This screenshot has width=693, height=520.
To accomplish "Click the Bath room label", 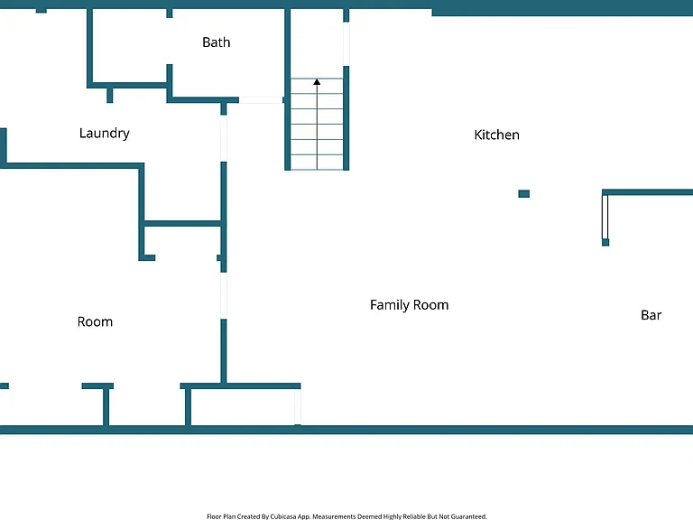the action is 217,42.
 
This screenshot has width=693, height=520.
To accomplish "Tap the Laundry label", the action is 105,133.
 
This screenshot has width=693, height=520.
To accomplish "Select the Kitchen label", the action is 497,135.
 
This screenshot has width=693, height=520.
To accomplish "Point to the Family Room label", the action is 410,305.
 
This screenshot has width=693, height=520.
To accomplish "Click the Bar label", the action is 651,315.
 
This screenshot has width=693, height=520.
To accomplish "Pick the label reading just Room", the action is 95,322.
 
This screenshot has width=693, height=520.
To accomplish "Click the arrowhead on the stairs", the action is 317,82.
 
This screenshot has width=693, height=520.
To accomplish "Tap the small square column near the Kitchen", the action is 523,194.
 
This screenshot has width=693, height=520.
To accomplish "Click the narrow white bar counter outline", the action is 605,217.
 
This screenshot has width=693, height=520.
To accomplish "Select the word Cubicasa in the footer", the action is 282,516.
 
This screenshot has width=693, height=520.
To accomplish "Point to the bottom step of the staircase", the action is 317,162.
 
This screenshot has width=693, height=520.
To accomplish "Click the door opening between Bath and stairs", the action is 261,100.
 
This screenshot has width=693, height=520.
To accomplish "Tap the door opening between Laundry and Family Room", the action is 224,138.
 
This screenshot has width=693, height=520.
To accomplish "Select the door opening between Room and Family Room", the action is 224,295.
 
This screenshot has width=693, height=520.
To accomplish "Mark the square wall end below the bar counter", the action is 605,242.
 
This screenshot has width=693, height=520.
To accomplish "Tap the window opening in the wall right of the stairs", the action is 346,44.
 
